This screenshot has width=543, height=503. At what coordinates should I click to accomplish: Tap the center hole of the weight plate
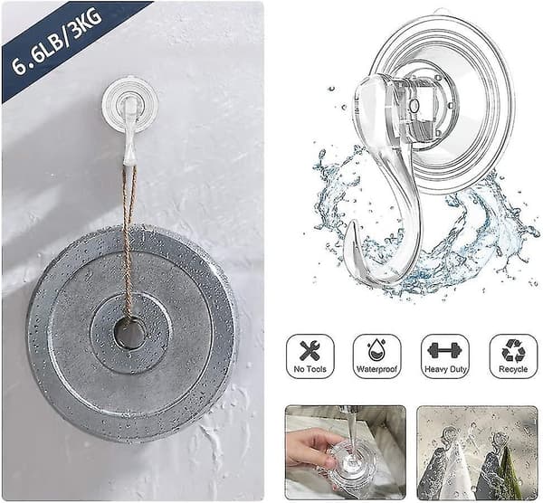click(129, 335)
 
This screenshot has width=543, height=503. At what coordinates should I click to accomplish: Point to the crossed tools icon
click(310, 351)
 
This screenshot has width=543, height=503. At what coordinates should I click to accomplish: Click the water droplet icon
click(376, 350)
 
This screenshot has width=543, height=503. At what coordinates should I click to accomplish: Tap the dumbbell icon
click(445, 350)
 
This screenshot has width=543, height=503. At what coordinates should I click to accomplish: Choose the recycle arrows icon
click(513, 351)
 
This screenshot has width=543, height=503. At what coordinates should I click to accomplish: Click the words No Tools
click(310, 369)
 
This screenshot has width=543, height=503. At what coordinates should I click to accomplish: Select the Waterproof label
click(376, 369)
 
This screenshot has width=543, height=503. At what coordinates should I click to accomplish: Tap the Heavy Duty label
click(445, 369)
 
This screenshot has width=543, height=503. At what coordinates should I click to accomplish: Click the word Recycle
click(513, 369)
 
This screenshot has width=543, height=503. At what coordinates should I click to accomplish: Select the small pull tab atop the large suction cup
click(443, 12)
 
